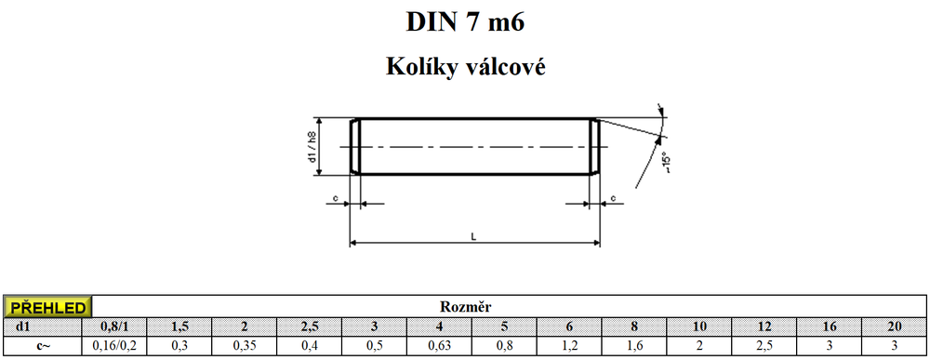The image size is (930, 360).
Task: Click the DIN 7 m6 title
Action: (466, 21)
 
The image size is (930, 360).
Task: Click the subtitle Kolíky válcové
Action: (466, 66)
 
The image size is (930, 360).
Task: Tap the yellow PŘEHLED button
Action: (47, 307)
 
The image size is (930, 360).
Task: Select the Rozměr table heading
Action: (466, 307)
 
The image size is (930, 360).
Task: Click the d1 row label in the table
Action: (22, 327)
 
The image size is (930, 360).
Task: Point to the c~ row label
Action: (43, 346)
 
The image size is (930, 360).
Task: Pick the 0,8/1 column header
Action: (114, 327)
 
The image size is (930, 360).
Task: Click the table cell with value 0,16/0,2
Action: (114, 345)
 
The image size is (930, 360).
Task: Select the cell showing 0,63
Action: (440, 345)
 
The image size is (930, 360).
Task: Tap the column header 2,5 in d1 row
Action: (310, 327)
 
